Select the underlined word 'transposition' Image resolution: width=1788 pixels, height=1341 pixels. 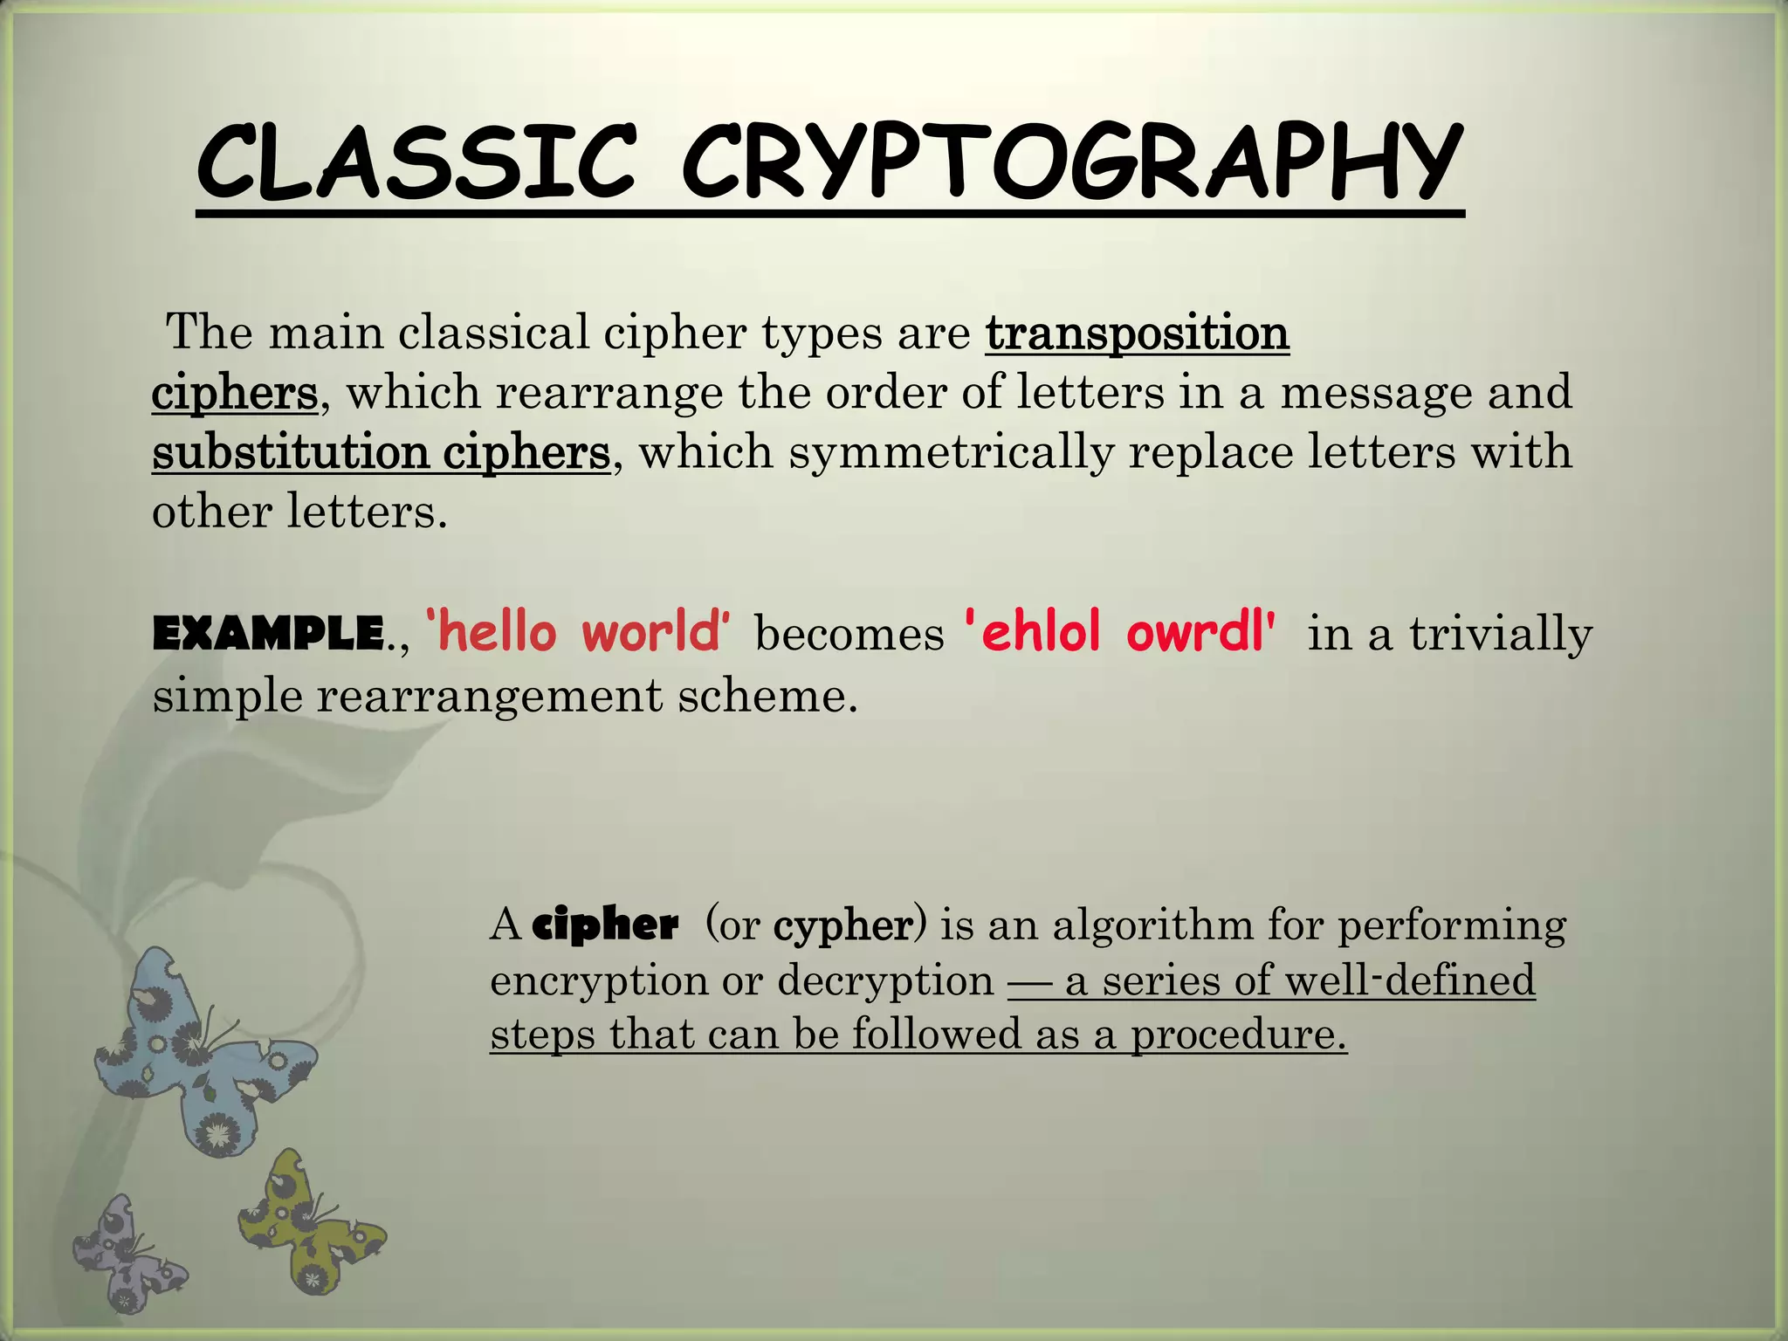tap(1137, 333)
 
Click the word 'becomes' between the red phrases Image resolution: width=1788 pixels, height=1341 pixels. tap(849, 634)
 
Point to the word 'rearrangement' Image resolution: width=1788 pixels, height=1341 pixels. tap(490, 697)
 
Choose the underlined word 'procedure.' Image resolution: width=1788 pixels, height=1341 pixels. tap(1239, 1035)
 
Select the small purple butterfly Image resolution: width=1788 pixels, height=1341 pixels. tap(127, 1253)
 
